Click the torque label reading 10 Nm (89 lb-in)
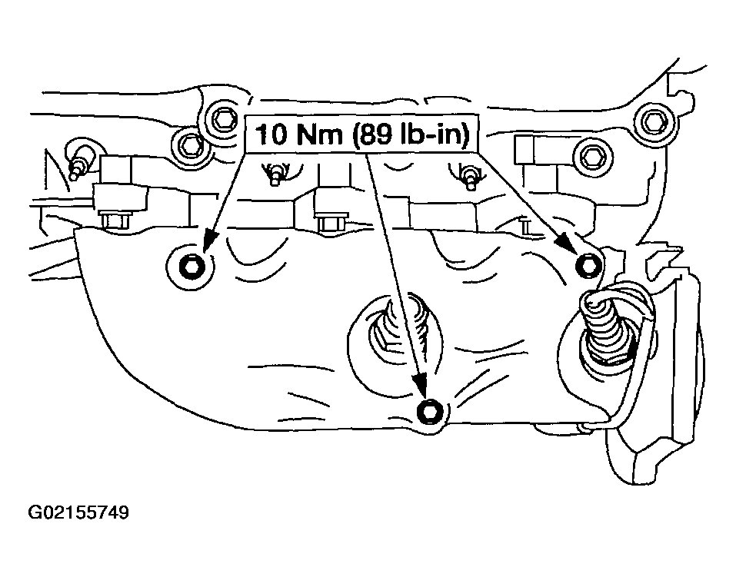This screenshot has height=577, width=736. [362, 134]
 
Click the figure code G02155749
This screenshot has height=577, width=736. [78, 512]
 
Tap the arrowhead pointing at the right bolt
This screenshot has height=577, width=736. [564, 240]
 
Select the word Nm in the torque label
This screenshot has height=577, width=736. [320, 134]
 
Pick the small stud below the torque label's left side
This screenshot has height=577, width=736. [277, 174]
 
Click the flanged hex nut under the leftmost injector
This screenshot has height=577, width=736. [115, 221]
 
